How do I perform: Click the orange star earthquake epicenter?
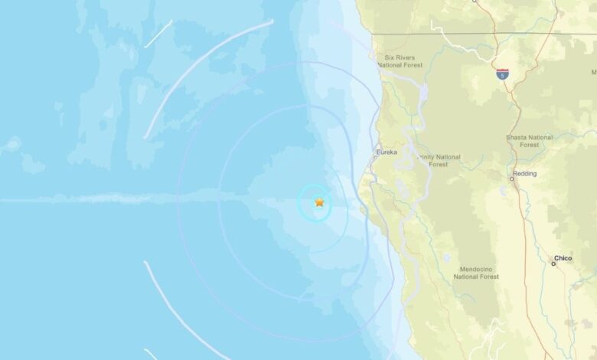click(319, 202)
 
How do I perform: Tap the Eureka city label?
click(387, 152)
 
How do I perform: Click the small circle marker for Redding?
click(512, 178)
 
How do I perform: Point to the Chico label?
click(563, 259)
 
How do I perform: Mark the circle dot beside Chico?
click(553, 263)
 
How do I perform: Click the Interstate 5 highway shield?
click(502, 74)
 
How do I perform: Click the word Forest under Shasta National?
click(528, 144)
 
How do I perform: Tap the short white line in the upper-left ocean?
click(158, 34)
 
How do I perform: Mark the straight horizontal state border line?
click(528, 33)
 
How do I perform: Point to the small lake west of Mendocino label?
click(446, 258)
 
